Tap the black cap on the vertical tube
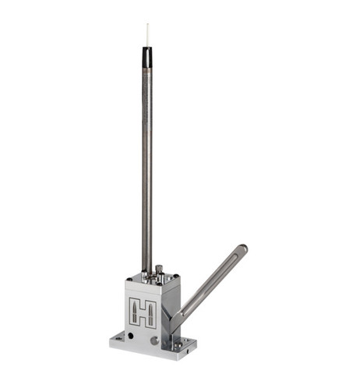[146, 58]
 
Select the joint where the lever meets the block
[178, 316]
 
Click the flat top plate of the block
[152, 279]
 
